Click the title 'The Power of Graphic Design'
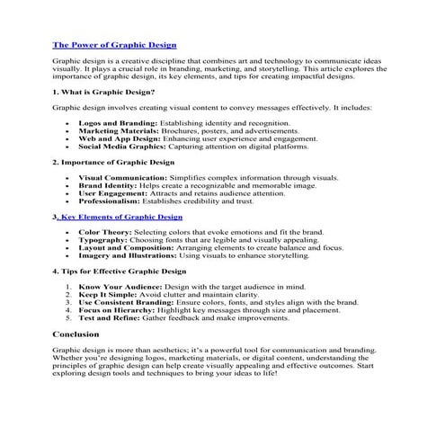114,44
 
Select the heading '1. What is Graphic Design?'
103,91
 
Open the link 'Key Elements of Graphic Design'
121,217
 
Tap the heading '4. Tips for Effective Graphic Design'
119,271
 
